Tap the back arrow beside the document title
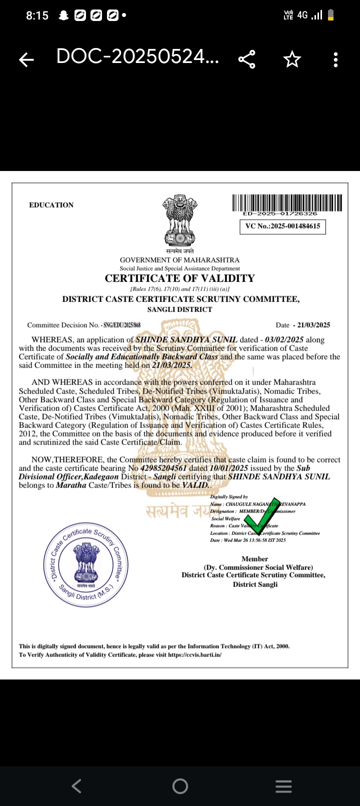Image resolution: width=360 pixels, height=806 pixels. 26,60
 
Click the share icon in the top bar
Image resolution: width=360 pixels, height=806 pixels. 247,59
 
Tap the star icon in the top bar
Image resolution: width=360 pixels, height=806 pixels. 292,59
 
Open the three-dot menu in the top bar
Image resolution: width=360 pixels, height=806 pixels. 335,59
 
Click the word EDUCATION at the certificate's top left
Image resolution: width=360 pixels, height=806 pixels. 51,205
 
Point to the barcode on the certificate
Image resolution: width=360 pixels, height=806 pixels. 287,202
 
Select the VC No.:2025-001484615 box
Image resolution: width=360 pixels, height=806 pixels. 282,226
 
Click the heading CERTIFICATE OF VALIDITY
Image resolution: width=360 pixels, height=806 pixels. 179,278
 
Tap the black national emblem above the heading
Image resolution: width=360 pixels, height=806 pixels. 180,220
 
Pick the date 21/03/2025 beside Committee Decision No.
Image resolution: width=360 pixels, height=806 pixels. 313,325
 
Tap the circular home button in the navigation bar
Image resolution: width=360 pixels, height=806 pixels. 180,786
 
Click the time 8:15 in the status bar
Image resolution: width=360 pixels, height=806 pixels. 37,15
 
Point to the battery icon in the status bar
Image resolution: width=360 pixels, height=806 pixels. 330,15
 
